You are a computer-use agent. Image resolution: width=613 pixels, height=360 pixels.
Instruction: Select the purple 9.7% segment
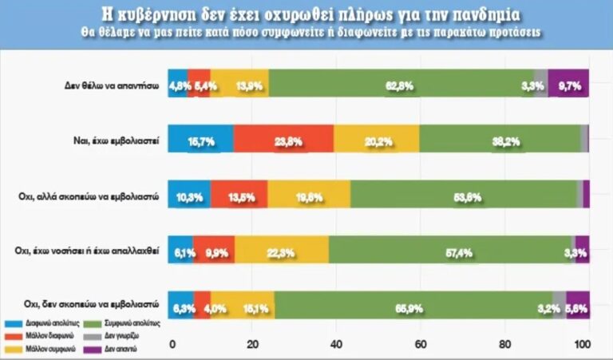(x=568, y=84)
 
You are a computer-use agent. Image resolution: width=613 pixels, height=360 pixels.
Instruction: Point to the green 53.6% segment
(x=463, y=194)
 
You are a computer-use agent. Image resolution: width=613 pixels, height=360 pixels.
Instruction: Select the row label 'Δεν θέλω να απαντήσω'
(x=115, y=84)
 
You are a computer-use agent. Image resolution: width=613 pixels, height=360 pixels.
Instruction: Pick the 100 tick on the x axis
(x=584, y=344)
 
